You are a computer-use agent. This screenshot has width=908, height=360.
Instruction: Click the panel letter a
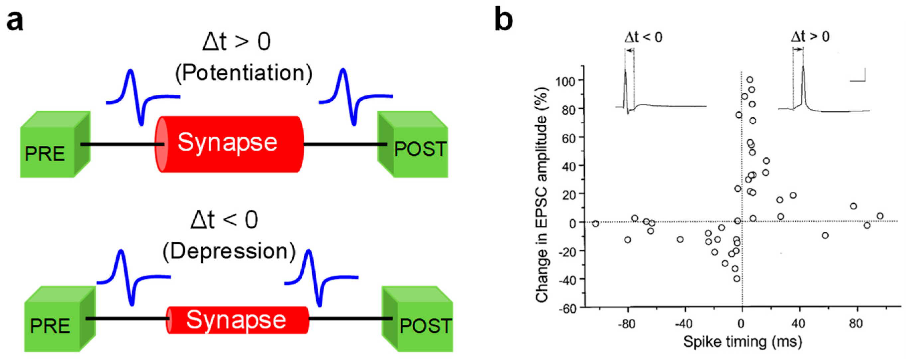point(15,21)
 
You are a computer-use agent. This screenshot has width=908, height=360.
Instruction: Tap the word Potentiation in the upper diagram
point(244,73)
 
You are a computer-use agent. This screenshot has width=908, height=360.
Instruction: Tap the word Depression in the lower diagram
point(229,251)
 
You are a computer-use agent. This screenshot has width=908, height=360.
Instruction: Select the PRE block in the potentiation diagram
point(53,146)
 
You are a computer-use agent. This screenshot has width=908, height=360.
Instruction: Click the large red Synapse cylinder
point(229,144)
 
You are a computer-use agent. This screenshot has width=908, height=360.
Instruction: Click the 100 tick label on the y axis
point(566,81)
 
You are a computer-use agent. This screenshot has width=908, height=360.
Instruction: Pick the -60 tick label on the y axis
point(567,308)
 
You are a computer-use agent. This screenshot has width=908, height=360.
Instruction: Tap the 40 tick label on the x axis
point(798,324)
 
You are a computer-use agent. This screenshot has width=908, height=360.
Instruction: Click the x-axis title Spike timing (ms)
point(743,341)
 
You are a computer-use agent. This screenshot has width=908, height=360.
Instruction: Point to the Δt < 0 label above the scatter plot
point(644,37)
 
